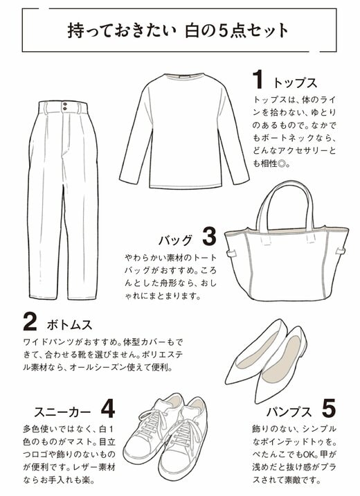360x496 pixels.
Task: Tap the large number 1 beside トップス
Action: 259,78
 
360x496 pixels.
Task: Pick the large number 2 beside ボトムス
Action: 29,322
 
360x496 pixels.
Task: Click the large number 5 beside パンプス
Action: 329,406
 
